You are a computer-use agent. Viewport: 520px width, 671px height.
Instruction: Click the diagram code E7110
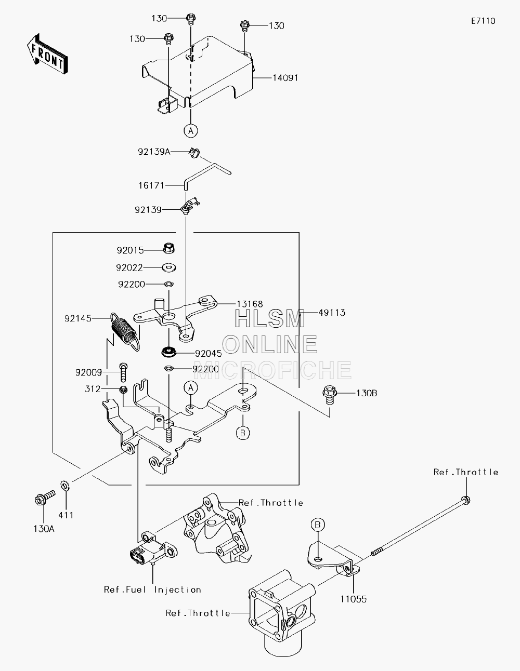point(483,21)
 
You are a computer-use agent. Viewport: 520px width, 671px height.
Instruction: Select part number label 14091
point(285,78)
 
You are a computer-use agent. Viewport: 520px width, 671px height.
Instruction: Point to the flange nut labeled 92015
point(168,248)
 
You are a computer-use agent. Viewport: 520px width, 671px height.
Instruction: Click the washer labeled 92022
point(169,267)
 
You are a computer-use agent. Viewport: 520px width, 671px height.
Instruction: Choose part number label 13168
point(250,304)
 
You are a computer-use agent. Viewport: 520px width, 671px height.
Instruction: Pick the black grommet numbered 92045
point(169,352)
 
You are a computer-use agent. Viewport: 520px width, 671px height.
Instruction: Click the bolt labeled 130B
point(330,395)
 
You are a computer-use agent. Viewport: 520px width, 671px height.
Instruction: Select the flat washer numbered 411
point(65,486)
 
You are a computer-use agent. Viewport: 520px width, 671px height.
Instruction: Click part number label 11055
point(354,607)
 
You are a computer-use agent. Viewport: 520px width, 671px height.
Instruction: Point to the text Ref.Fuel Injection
point(152,589)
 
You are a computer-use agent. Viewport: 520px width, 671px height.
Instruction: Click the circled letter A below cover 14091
point(191,131)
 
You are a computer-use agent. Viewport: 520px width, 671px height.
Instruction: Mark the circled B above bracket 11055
point(318,525)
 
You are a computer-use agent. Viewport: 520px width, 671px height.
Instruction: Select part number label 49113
point(332,313)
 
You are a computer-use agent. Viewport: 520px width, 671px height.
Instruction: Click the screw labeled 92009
point(123,372)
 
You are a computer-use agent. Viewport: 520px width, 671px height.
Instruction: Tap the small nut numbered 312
point(123,390)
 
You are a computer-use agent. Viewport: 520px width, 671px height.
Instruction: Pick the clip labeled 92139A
point(194,153)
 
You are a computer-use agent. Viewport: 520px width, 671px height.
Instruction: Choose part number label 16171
point(151,185)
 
